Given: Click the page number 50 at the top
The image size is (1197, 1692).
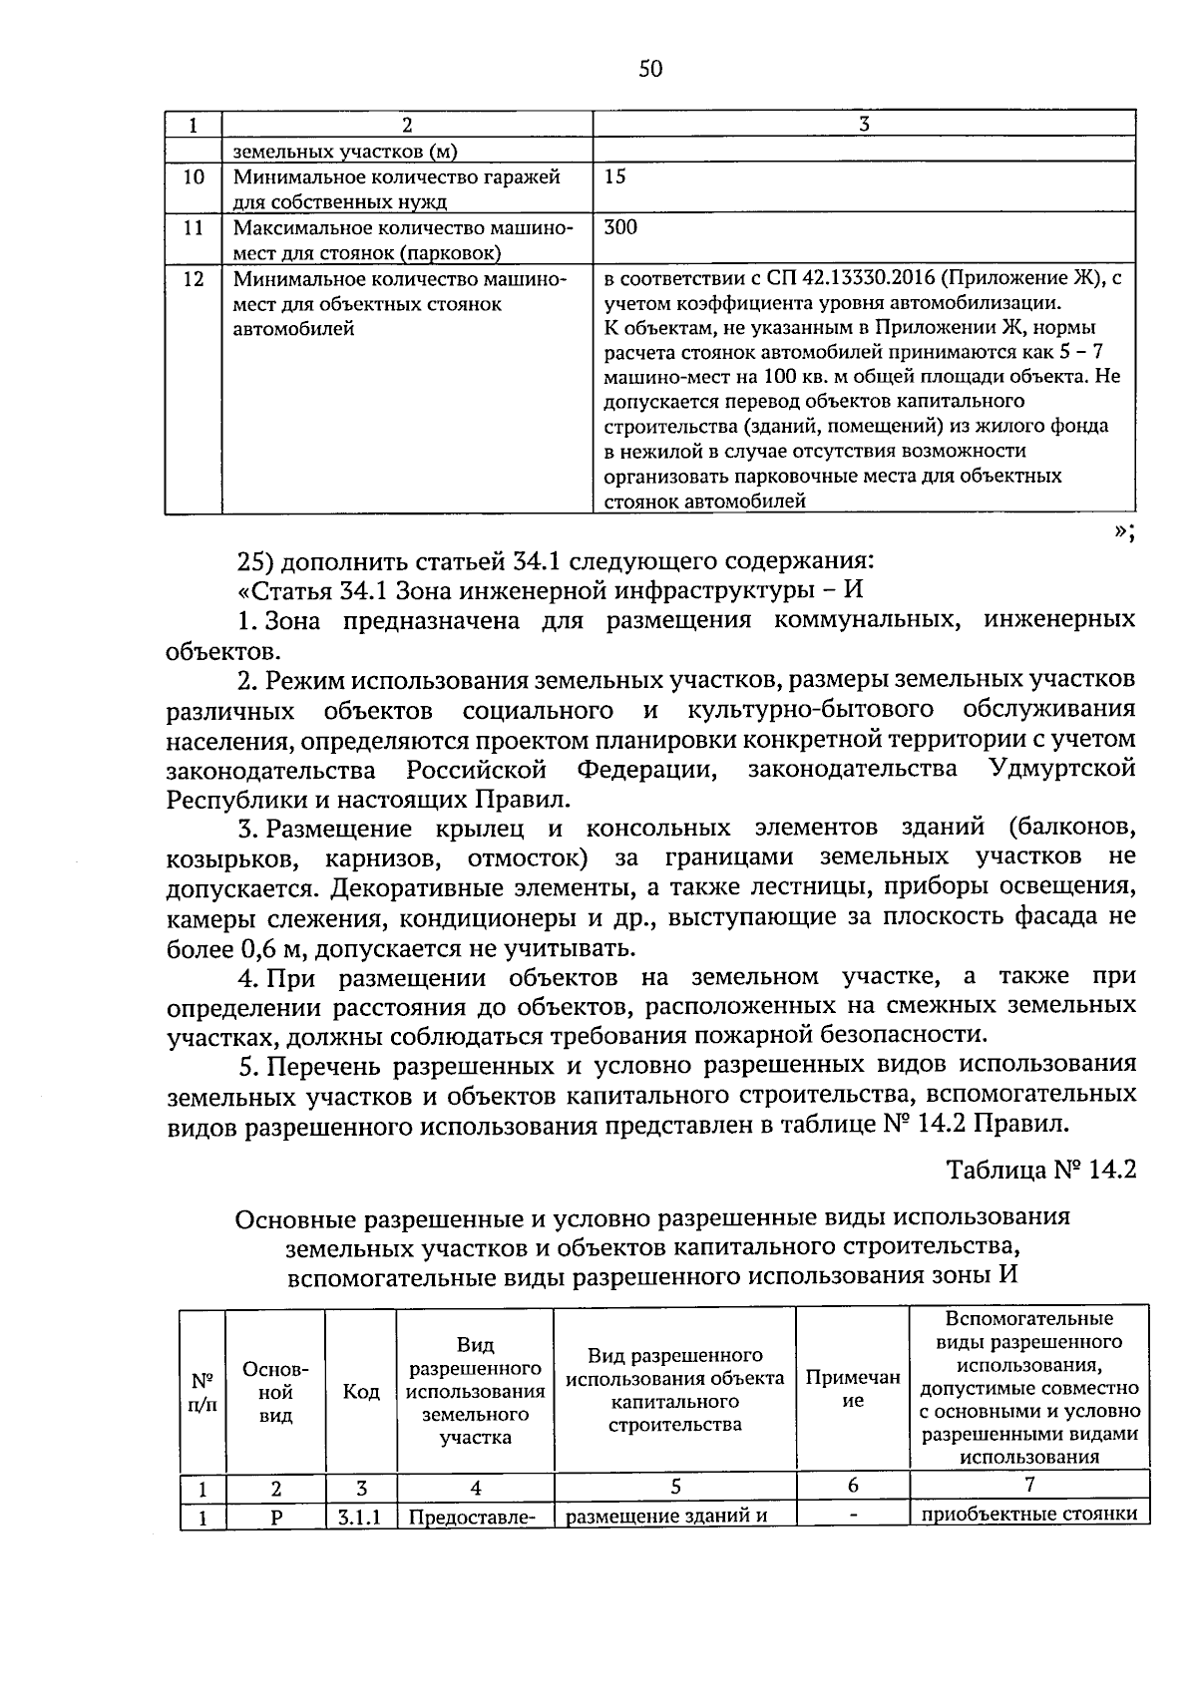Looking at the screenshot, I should coord(649,68).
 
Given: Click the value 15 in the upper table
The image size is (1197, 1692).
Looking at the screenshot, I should coord(615,176).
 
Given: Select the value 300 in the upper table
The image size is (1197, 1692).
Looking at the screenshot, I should coord(620,227).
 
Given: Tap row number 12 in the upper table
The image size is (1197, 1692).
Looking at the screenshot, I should coord(194,279).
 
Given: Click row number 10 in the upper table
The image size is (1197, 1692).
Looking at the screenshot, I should coord(194,176).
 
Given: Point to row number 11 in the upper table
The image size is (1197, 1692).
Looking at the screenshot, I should coord(194,227).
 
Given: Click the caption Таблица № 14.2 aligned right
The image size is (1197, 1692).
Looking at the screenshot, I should coord(1041,1169).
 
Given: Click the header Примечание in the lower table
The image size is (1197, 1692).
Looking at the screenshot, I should coord(853,1389).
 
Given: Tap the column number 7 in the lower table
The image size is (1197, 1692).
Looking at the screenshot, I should coord(1029,1485).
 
